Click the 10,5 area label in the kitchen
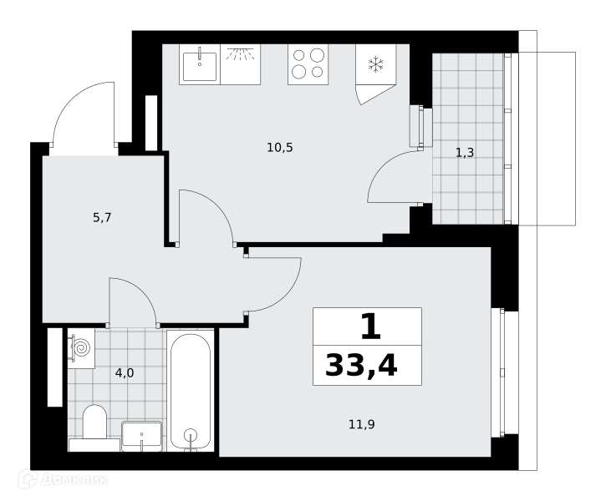pos(280,148)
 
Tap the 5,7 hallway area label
pos(102,218)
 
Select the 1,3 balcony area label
pos(465,153)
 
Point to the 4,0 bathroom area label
pos(125,373)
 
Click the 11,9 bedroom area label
pos(362,424)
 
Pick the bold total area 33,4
pos(361,366)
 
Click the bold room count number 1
pos(370,326)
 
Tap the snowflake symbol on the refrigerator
pos(375,64)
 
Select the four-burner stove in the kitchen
pos(308,64)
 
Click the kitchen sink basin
pos(200,67)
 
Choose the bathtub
pos(190,390)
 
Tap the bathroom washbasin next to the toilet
pos(141,436)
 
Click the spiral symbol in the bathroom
pos(82,347)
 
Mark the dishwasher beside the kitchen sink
pos(240,64)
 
